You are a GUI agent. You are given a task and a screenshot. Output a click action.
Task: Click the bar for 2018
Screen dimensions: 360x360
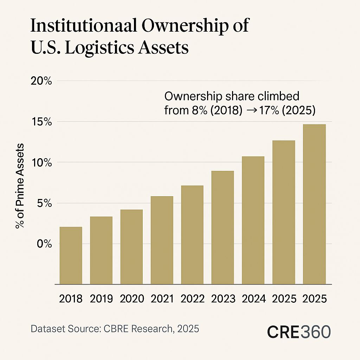pyautogui.click(x=71, y=255)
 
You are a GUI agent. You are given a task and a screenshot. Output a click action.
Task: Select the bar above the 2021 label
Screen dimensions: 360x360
pyautogui.click(x=162, y=240)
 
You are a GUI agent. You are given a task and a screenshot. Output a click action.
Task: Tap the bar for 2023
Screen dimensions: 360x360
pyautogui.click(x=223, y=227)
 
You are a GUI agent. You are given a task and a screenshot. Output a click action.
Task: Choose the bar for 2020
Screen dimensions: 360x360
pyautogui.click(x=131, y=246)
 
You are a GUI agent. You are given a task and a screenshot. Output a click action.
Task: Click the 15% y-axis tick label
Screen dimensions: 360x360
pyautogui.click(x=43, y=122)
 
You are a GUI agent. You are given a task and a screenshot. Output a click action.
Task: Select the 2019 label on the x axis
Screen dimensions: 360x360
pyautogui.click(x=101, y=299)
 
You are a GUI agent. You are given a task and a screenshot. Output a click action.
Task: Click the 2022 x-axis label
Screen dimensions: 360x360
pyautogui.click(x=192, y=299)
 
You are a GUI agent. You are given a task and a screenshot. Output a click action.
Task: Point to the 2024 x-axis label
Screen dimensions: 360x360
pyautogui.click(x=253, y=299)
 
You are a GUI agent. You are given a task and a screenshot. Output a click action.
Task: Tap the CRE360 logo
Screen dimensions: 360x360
pyautogui.click(x=298, y=332)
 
